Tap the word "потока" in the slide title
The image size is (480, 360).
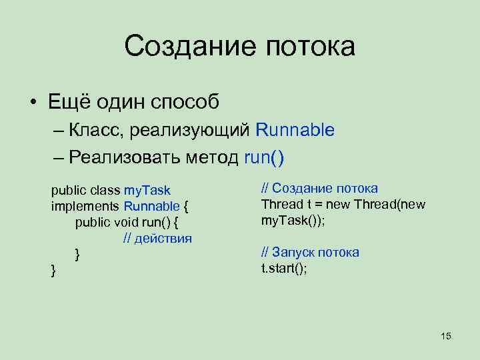tap(311, 47)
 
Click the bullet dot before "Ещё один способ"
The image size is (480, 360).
tap(33, 103)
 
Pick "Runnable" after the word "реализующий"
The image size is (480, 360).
tap(294, 130)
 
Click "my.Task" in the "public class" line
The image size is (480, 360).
tap(147, 191)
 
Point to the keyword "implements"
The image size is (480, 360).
tap(85, 207)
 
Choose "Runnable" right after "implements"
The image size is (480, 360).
tap(151, 207)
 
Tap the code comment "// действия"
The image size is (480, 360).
tap(157, 238)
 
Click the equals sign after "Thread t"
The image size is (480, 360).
tap(310, 204)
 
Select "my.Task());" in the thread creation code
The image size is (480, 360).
tap(293, 220)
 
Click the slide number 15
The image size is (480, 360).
tap(446, 336)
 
